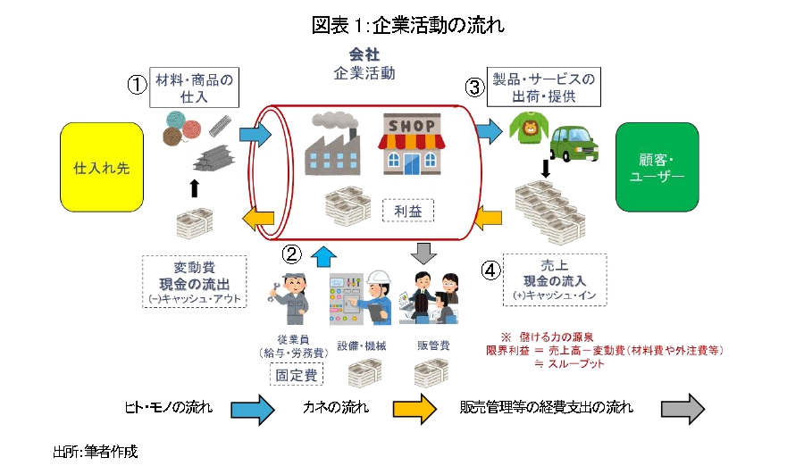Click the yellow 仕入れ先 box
pos(102,167)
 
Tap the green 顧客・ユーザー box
pos(657,167)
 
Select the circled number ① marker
pos(137,85)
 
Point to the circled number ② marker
pos(291,254)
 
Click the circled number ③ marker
pos(475,87)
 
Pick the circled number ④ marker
pos(491,270)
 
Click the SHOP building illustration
pos(412,145)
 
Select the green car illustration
pos(574,144)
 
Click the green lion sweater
pos(529,128)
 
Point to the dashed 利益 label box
pos(408,211)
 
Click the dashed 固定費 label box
pos(297,374)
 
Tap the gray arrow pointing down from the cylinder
pos(424,254)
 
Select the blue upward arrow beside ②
pos(323,256)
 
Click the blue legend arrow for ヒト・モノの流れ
pos(253,410)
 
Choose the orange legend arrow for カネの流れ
pos(414,410)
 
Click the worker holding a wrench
pos(289,298)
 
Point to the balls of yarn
pos(181,128)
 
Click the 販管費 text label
pos(433,345)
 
